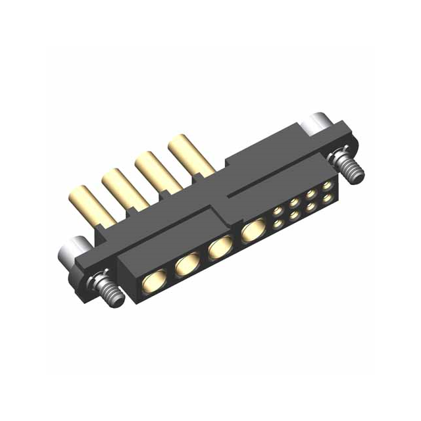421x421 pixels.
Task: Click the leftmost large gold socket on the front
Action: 153,283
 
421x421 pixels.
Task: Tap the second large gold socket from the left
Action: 187,266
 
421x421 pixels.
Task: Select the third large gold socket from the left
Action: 218,250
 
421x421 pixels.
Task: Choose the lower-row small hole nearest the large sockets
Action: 278,224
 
